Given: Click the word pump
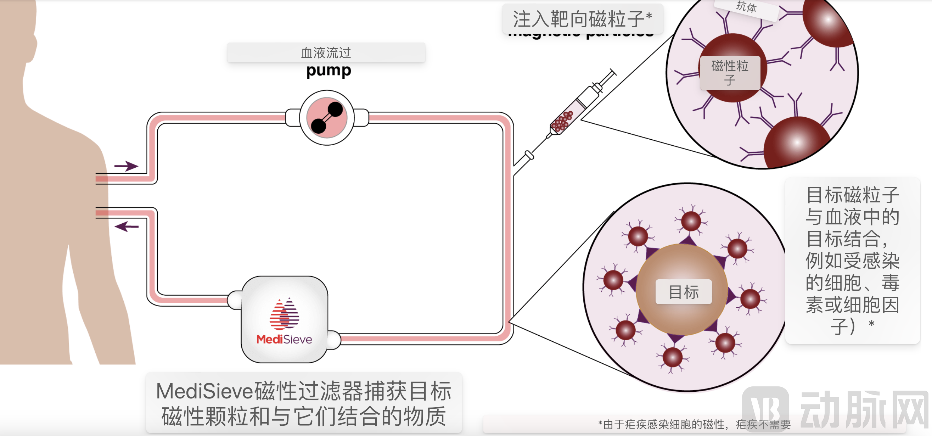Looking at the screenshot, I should [x=329, y=70].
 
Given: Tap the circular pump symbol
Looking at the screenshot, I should [x=327, y=118].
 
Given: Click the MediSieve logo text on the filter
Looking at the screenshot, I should [x=284, y=339].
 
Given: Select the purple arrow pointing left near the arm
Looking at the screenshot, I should [x=126, y=227].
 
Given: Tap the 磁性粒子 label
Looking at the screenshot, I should [x=730, y=73].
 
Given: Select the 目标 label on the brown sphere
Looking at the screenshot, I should [x=684, y=292].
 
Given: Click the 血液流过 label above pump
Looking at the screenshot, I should [x=326, y=53].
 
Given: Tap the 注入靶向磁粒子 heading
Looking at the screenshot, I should [x=582, y=19].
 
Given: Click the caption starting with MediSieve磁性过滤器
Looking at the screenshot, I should [x=304, y=403].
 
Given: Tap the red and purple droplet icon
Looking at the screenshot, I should [x=284, y=314].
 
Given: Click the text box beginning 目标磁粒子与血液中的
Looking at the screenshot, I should [x=852, y=261].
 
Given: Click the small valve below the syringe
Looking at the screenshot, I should [x=529, y=155].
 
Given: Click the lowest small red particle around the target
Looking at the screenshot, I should [x=672, y=357].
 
